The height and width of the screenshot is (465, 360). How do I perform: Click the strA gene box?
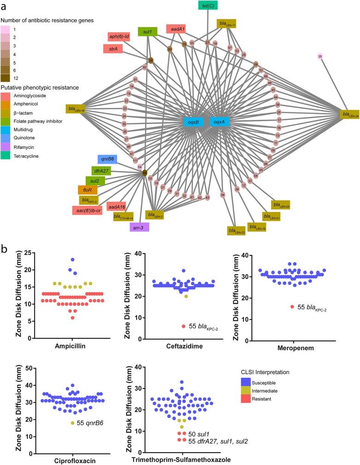(x=113, y=48)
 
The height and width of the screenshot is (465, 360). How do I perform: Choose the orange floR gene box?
(x=87, y=189)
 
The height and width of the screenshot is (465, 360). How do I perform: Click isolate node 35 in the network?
(x=320, y=56)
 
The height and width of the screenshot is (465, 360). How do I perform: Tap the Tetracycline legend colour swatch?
(x=6, y=156)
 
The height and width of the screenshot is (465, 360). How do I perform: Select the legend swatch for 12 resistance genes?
(x=6, y=78)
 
